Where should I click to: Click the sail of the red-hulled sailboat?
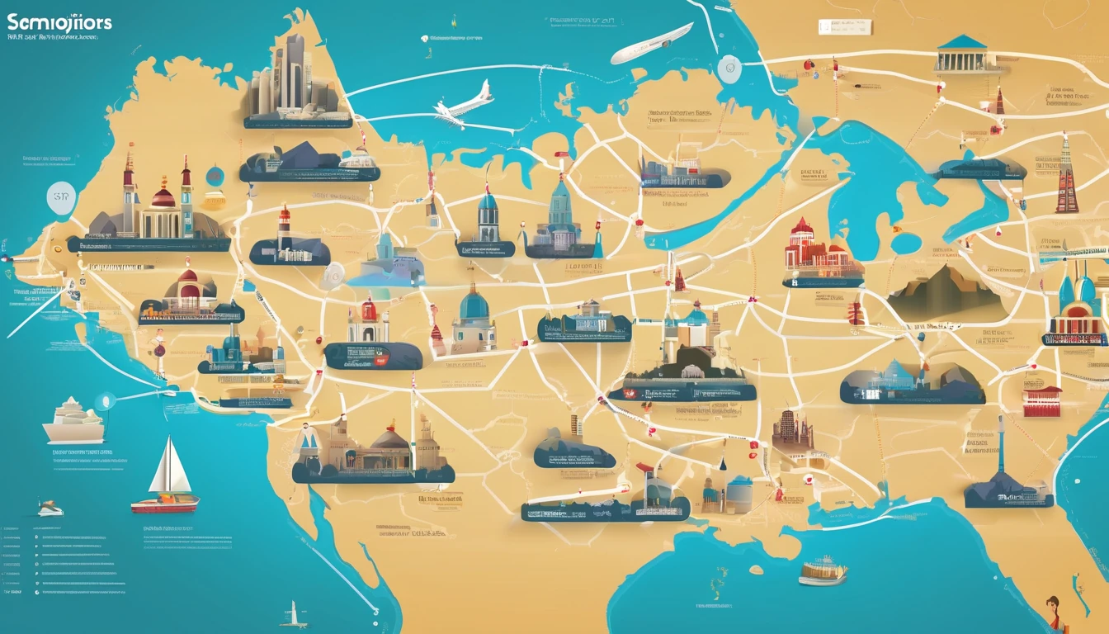pyautogui.click(x=172, y=468)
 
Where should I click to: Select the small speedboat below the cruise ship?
pyautogui.click(x=50, y=509)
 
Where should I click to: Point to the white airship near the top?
pyautogui.click(x=651, y=43)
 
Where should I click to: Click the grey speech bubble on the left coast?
pyautogui.click(x=60, y=199)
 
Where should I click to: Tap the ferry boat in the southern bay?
pyautogui.click(x=823, y=570)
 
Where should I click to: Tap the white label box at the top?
pyautogui.click(x=844, y=26)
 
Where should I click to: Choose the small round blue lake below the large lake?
pyautogui.click(x=905, y=243)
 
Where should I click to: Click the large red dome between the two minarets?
pyautogui.click(x=163, y=197)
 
